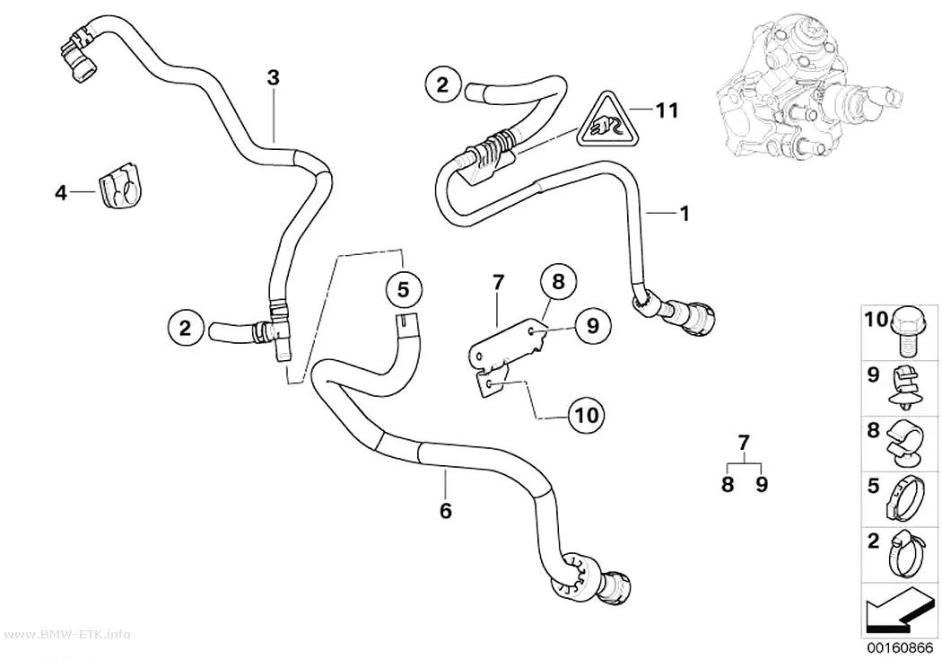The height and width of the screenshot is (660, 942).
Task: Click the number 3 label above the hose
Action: click(273, 77)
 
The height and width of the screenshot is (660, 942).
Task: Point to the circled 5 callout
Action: click(403, 290)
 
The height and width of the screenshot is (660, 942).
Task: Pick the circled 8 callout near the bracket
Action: click(558, 281)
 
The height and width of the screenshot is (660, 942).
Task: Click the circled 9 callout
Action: click(592, 326)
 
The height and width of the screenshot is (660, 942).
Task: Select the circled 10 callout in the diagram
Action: click(587, 414)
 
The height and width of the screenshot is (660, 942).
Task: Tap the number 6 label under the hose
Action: click(445, 511)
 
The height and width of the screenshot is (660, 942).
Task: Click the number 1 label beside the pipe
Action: click(684, 213)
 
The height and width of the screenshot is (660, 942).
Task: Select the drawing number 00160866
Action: click(899, 648)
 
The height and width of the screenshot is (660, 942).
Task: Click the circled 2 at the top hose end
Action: click(442, 84)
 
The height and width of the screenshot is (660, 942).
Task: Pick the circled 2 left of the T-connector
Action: click(185, 328)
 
